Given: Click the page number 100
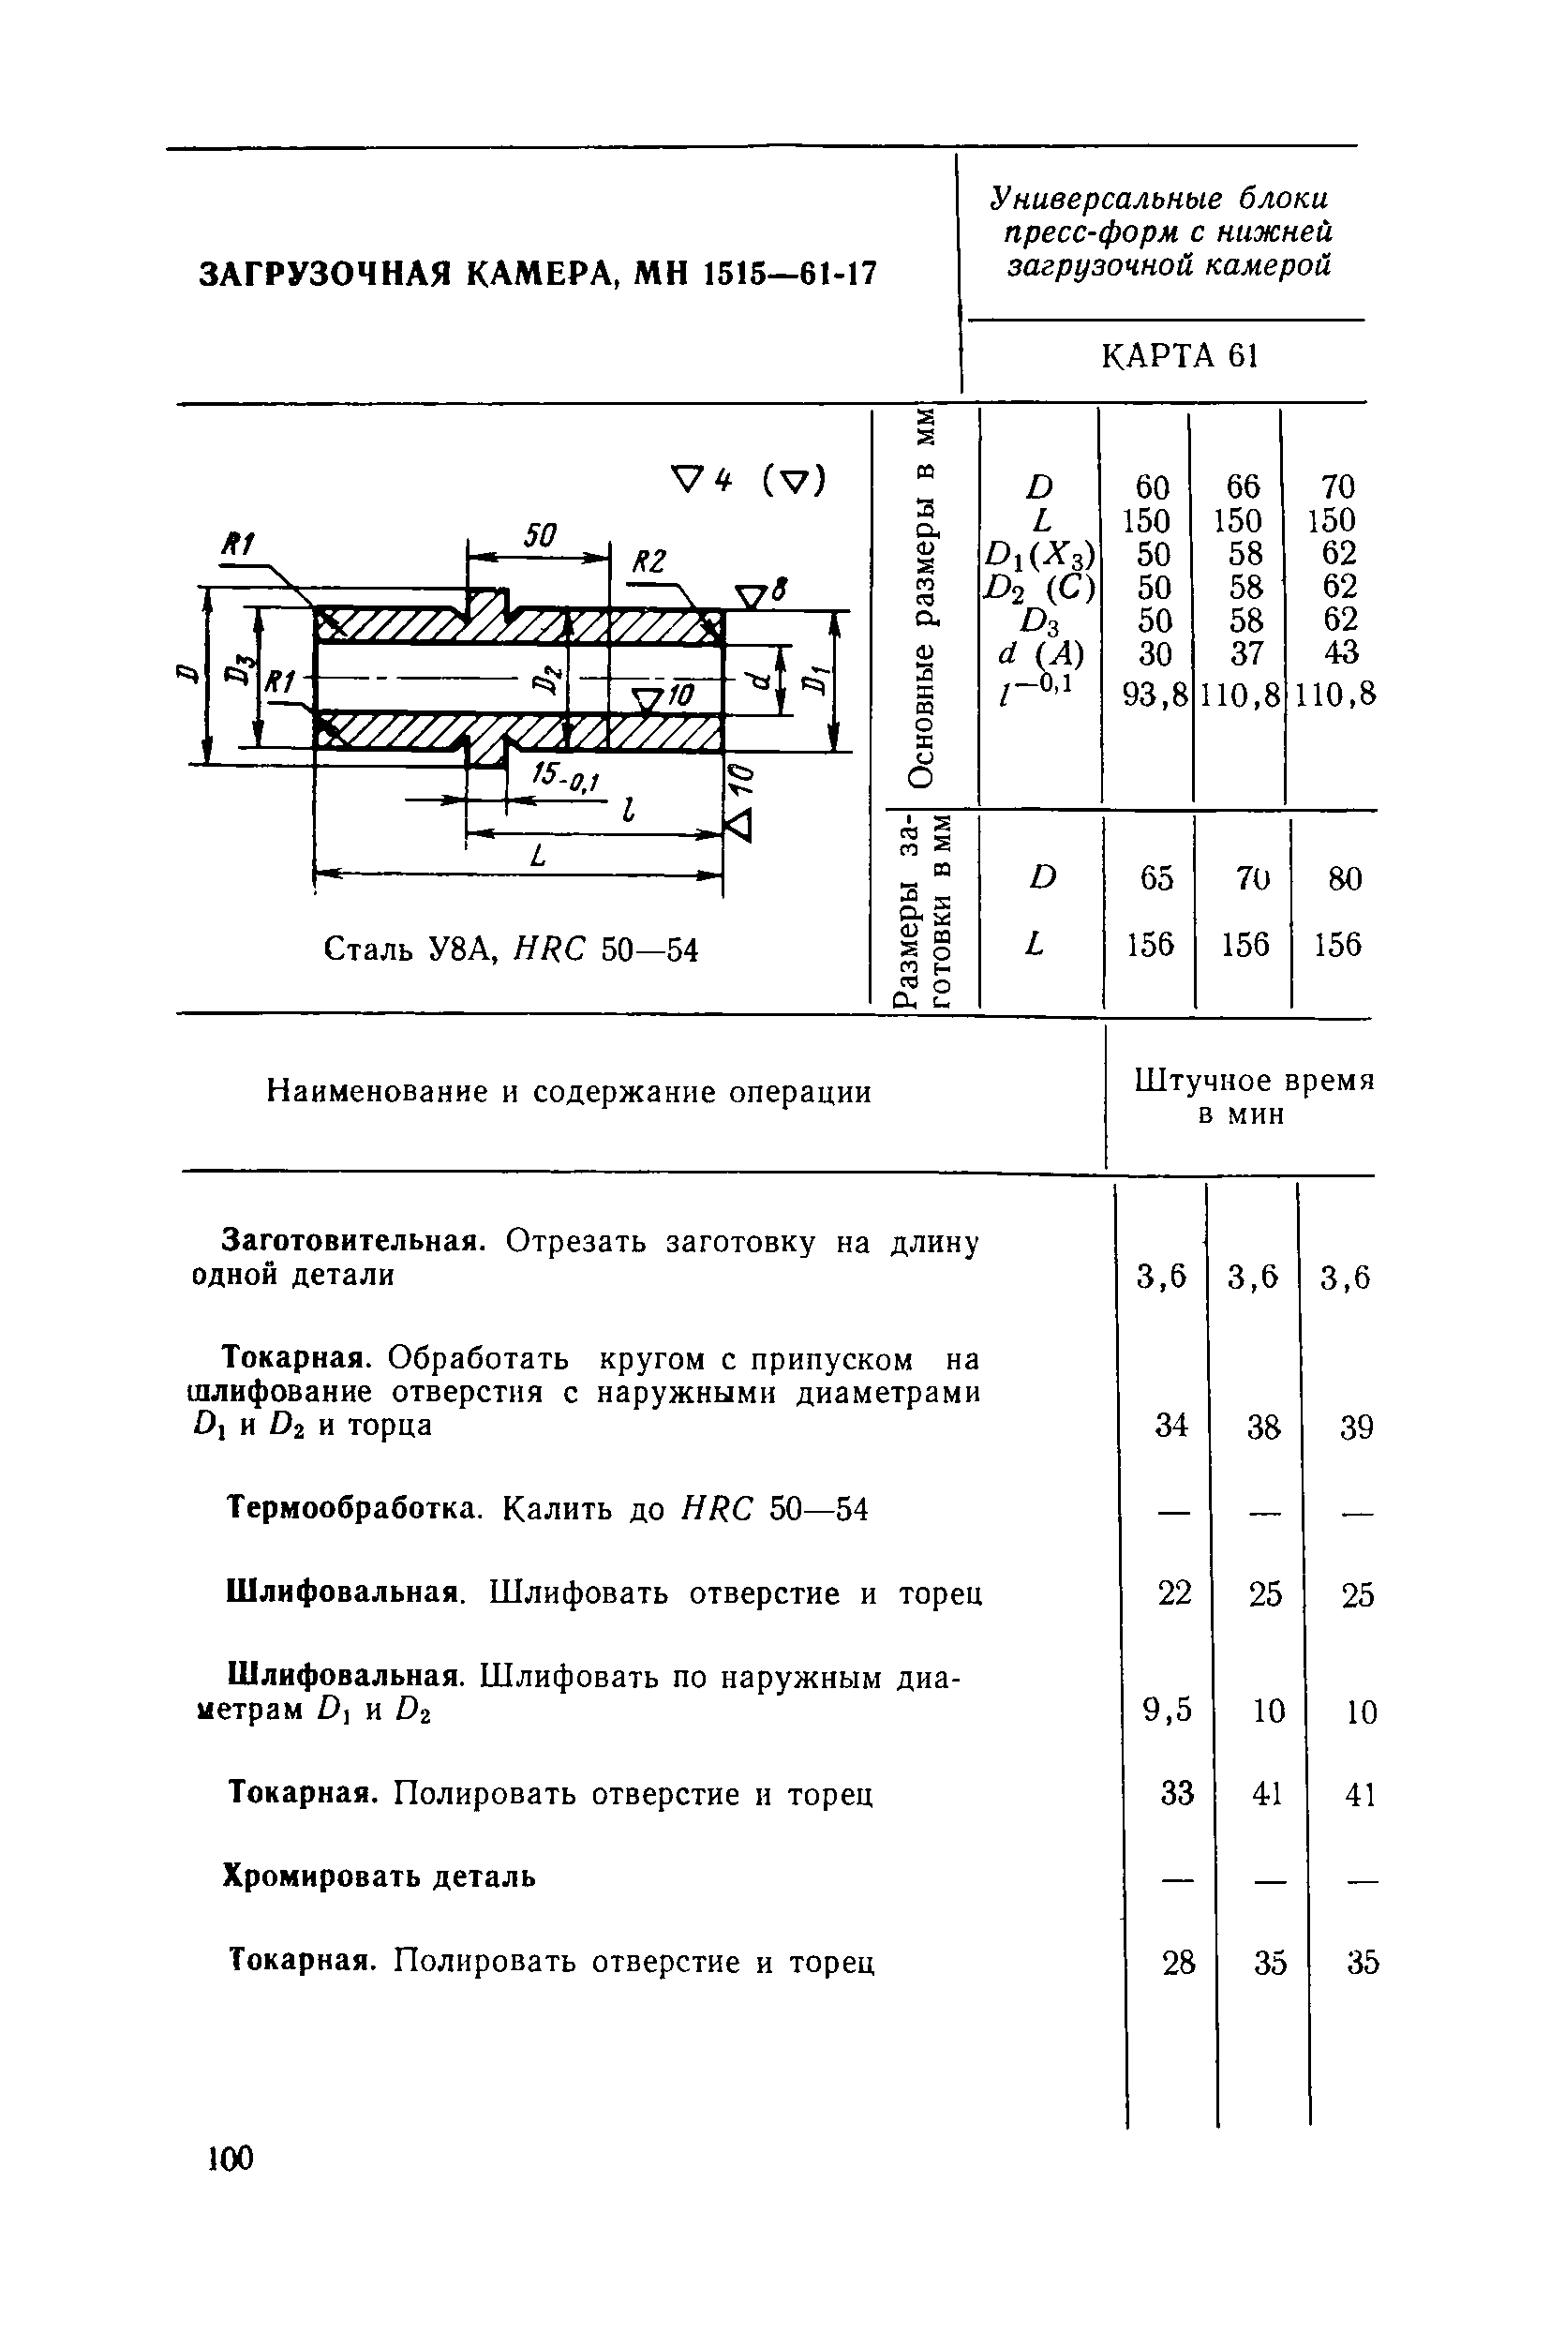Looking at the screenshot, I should (x=231, y=2159).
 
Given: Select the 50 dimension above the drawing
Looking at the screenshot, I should (x=540, y=537).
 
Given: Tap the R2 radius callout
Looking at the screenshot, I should (x=648, y=561).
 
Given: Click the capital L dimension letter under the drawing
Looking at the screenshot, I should (x=538, y=856).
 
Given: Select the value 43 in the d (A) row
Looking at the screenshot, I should (x=1338, y=652).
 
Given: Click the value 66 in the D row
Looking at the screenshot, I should (x=1243, y=486).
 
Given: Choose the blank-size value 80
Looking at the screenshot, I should (x=1345, y=878).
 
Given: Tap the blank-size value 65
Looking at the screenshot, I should (x=1155, y=878).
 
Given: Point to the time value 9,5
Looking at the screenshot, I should (x=1168, y=1710).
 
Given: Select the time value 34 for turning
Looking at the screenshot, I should (x=1171, y=1425).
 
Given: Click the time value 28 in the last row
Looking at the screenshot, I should (x=1178, y=1963).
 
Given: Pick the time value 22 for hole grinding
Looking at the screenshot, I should (x=1174, y=1593).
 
